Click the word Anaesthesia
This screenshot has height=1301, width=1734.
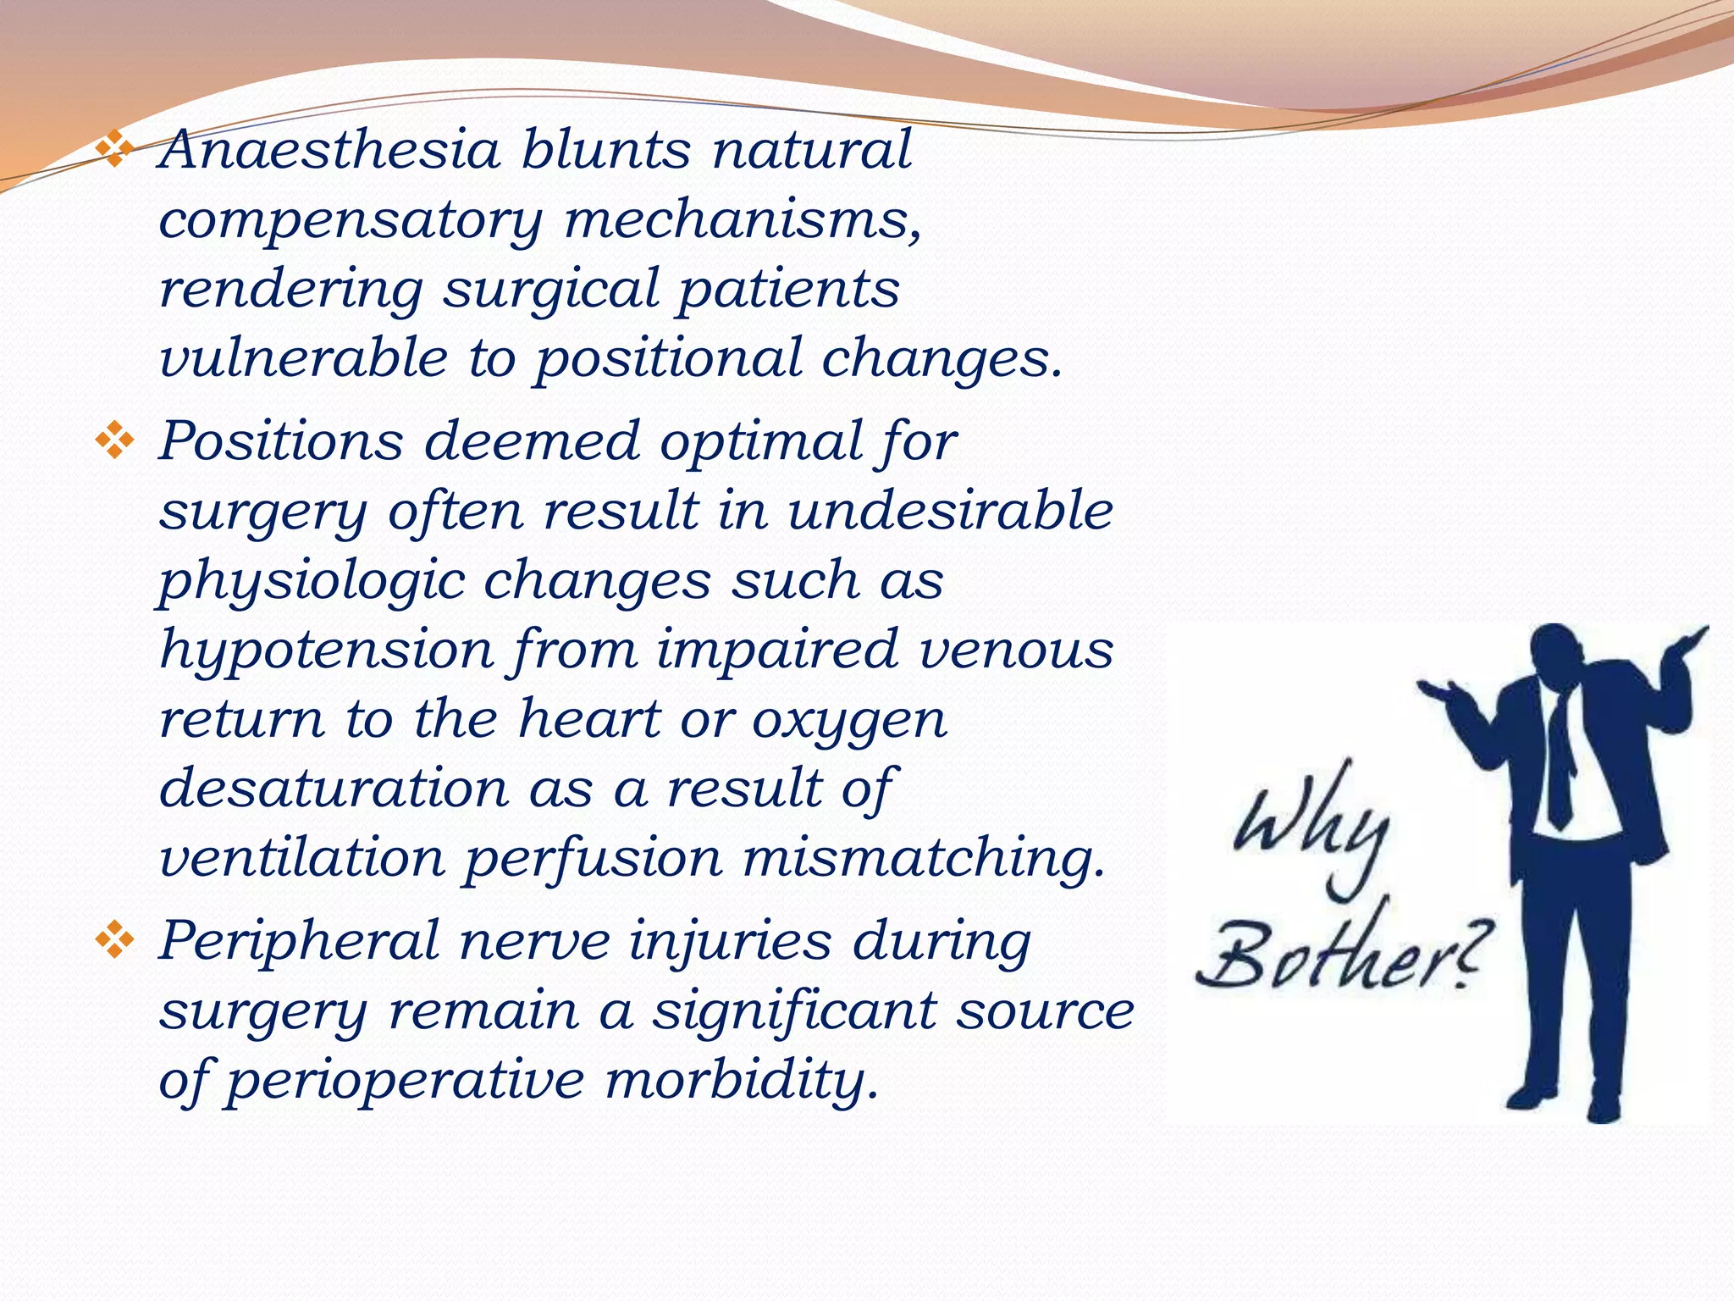[329, 150]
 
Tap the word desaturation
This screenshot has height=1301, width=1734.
[334, 788]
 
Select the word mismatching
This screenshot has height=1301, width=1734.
[924, 859]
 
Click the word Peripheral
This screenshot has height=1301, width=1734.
[300, 942]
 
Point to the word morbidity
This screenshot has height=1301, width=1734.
[742, 1082]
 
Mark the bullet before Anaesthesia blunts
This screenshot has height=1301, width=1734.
[114, 150]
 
